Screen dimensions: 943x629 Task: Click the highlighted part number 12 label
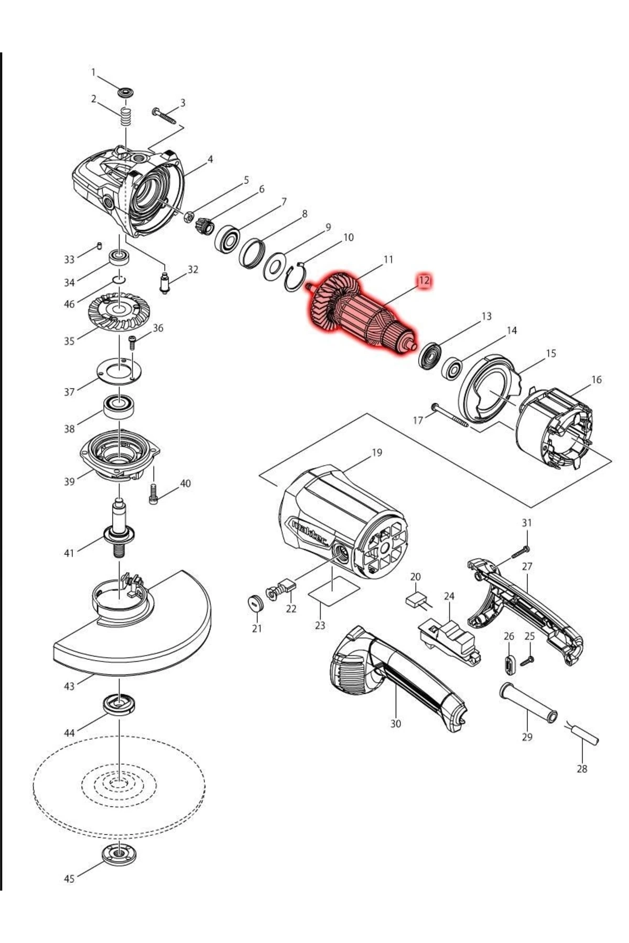coord(424,280)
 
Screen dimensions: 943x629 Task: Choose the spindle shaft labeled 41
coord(120,529)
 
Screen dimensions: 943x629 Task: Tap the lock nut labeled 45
coord(120,857)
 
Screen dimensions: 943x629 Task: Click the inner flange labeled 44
coord(120,703)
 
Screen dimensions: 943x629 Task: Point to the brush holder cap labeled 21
coord(255,603)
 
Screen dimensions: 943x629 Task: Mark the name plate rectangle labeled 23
coord(334,590)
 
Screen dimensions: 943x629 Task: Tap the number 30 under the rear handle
coord(396,723)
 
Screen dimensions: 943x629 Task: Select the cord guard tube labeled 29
coord(528,703)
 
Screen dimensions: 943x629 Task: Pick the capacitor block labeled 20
coord(417,599)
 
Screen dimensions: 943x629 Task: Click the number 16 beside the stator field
coord(597,379)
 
